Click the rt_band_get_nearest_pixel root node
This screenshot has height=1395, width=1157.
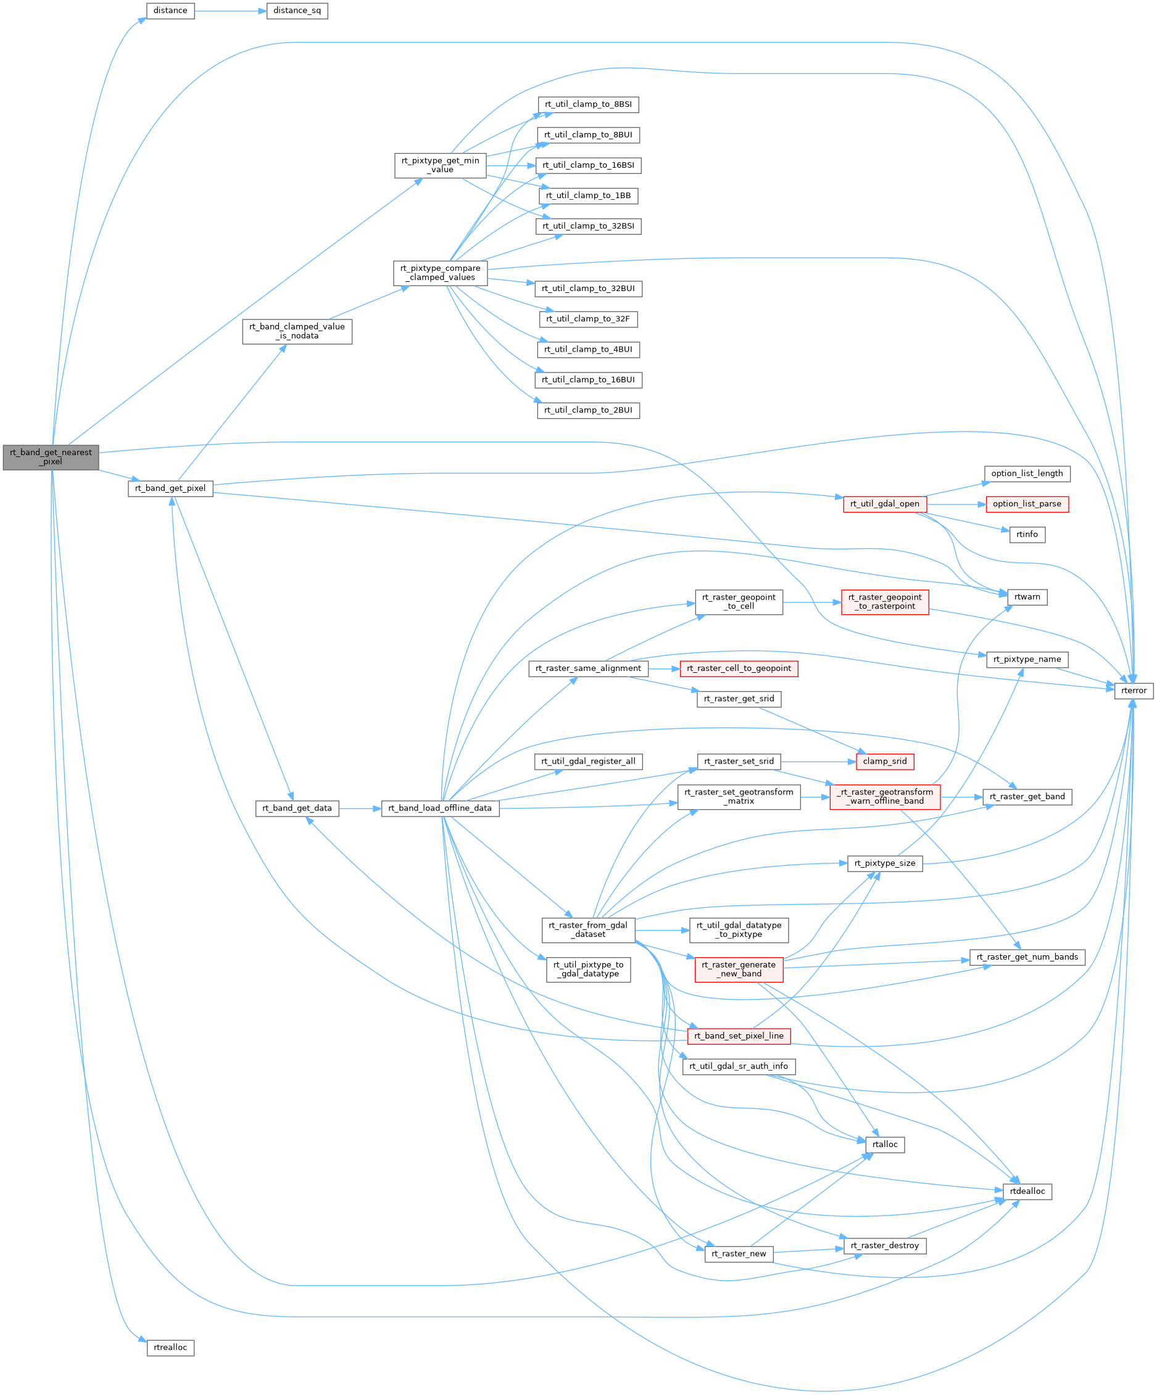[x=51, y=457]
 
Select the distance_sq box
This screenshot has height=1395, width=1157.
[x=296, y=10]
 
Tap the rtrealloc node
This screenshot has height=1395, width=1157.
[x=170, y=1347]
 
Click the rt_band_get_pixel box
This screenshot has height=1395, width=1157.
[x=170, y=488]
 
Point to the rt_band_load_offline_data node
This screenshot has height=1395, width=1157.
[x=440, y=809]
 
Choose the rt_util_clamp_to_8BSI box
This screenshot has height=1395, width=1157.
[x=588, y=104]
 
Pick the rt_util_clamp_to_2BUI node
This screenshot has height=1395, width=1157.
[x=588, y=411]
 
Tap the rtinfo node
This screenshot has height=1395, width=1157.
[x=1027, y=534]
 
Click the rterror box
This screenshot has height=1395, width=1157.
[x=1134, y=691]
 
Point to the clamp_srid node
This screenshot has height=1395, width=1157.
[x=884, y=761]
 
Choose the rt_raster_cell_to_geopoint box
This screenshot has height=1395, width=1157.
[x=739, y=669]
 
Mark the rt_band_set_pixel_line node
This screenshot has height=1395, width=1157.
[x=739, y=1035]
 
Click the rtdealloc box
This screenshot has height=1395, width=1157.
[x=1027, y=1191]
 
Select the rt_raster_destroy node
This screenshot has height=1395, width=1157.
[x=884, y=1246]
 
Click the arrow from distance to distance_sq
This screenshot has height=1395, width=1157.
[x=230, y=10]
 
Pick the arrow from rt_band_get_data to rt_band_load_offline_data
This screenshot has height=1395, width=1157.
[x=360, y=809]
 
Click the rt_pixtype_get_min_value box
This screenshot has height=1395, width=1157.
[x=440, y=165]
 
